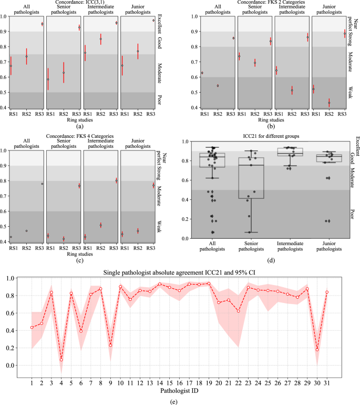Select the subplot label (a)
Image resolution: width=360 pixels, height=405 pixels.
(x=79, y=126)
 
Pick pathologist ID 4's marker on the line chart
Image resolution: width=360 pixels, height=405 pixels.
(x=61, y=360)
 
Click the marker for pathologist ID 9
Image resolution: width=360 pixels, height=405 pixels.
(x=110, y=345)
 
